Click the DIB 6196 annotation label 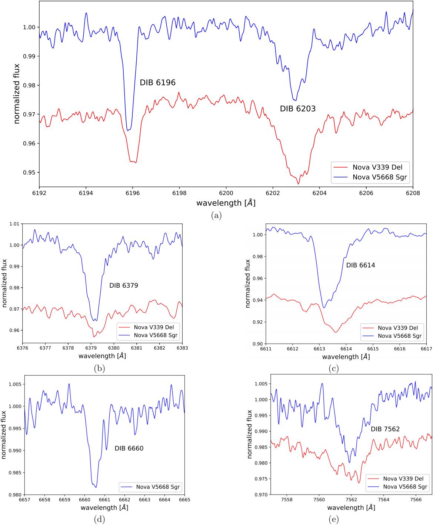click(157, 83)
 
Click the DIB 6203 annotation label click(297, 109)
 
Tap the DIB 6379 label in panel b click(123, 285)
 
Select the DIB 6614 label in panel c click(360, 265)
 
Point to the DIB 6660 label click(129, 448)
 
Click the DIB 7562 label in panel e click(385, 429)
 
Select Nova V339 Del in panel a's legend click(377, 167)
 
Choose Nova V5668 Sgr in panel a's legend click(379, 177)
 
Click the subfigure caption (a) click(216, 215)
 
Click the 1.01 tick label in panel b click(14, 224)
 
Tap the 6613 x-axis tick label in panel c click(319, 349)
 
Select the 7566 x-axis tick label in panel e click(415, 500)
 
